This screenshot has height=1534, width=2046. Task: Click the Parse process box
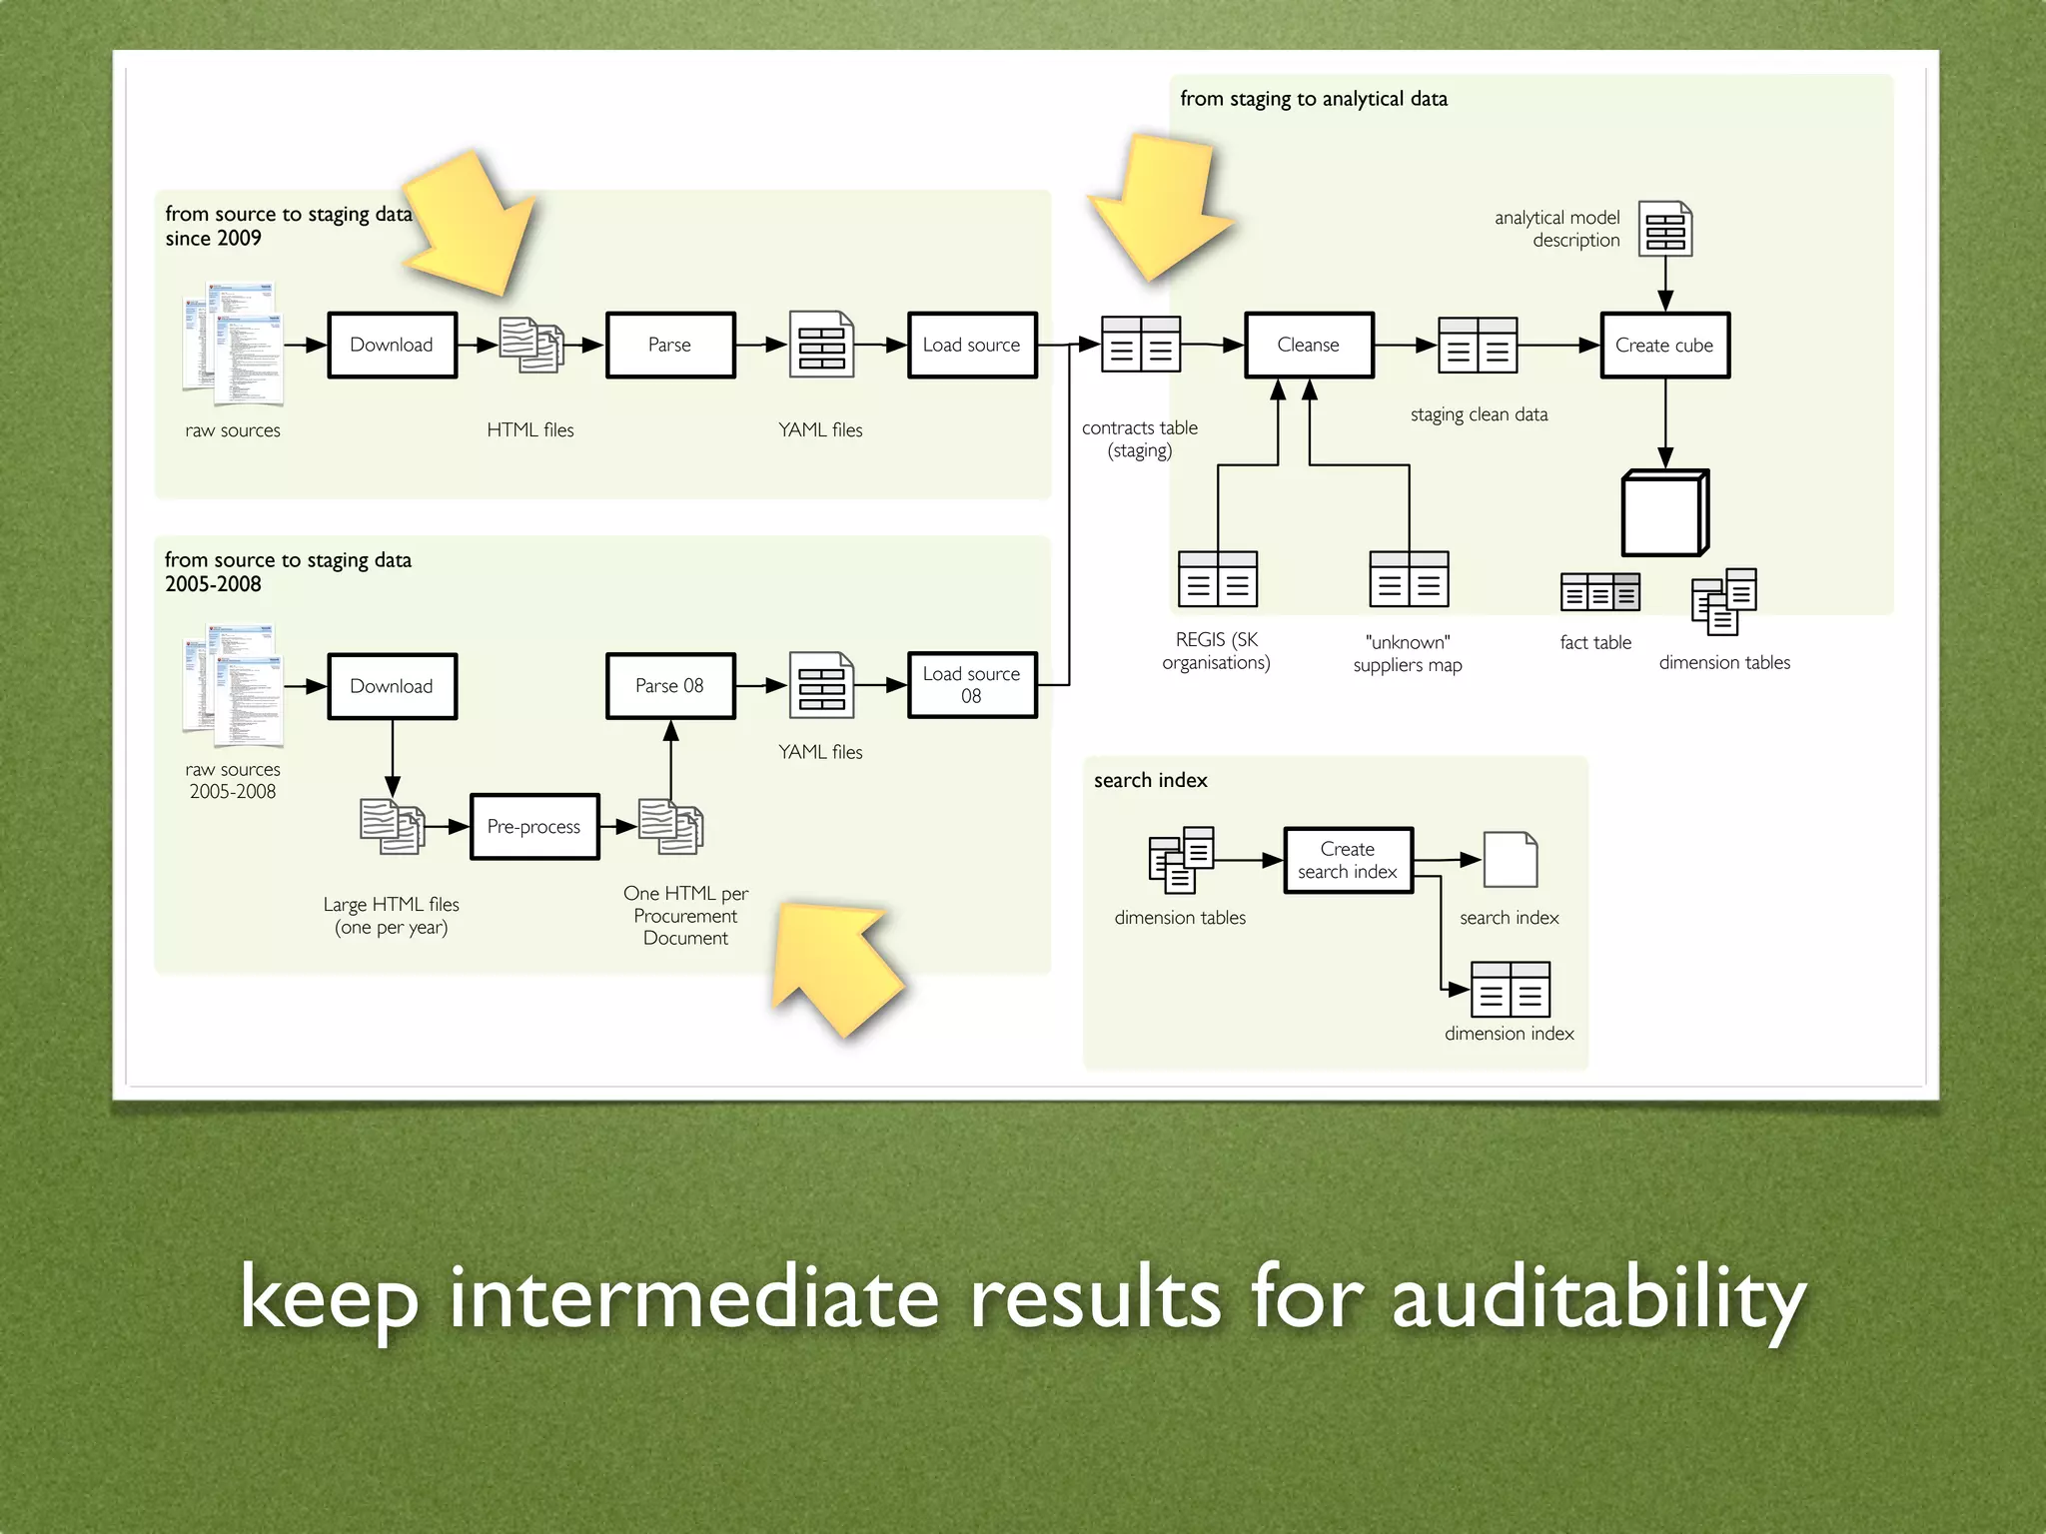click(x=670, y=345)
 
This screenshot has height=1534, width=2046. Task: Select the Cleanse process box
click(x=1309, y=345)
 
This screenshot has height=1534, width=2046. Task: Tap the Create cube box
click(x=1664, y=345)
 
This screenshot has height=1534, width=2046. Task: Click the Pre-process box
click(x=534, y=826)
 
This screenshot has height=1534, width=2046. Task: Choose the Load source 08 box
click(x=972, y=685)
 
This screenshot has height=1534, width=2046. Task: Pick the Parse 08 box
click(x=670, y=686)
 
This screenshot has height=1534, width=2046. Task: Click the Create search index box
click(x=1348, y=860)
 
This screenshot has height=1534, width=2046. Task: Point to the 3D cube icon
click(x=1664, y=512)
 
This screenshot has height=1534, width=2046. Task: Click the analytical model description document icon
click(x=1665, y=229)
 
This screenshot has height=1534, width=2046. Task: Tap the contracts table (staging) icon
click(x=1141, y=345)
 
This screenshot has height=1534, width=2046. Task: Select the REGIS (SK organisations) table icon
click(x=1217, y=579)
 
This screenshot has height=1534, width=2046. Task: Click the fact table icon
click(x=1599, y=592)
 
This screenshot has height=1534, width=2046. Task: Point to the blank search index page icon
click(x=1510, y=860)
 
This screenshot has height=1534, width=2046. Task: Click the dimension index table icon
click(x=1511, y=989)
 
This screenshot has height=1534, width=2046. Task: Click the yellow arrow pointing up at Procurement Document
click(x=834, y=964)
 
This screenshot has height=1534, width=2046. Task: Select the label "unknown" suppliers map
click(x=1408, y=653)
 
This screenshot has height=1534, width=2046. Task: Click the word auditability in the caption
click(x=1598, y=1298)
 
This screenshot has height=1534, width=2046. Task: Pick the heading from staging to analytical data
click(x=1314, y=99)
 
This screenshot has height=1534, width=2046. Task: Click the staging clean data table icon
click(x=1478, y=345)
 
